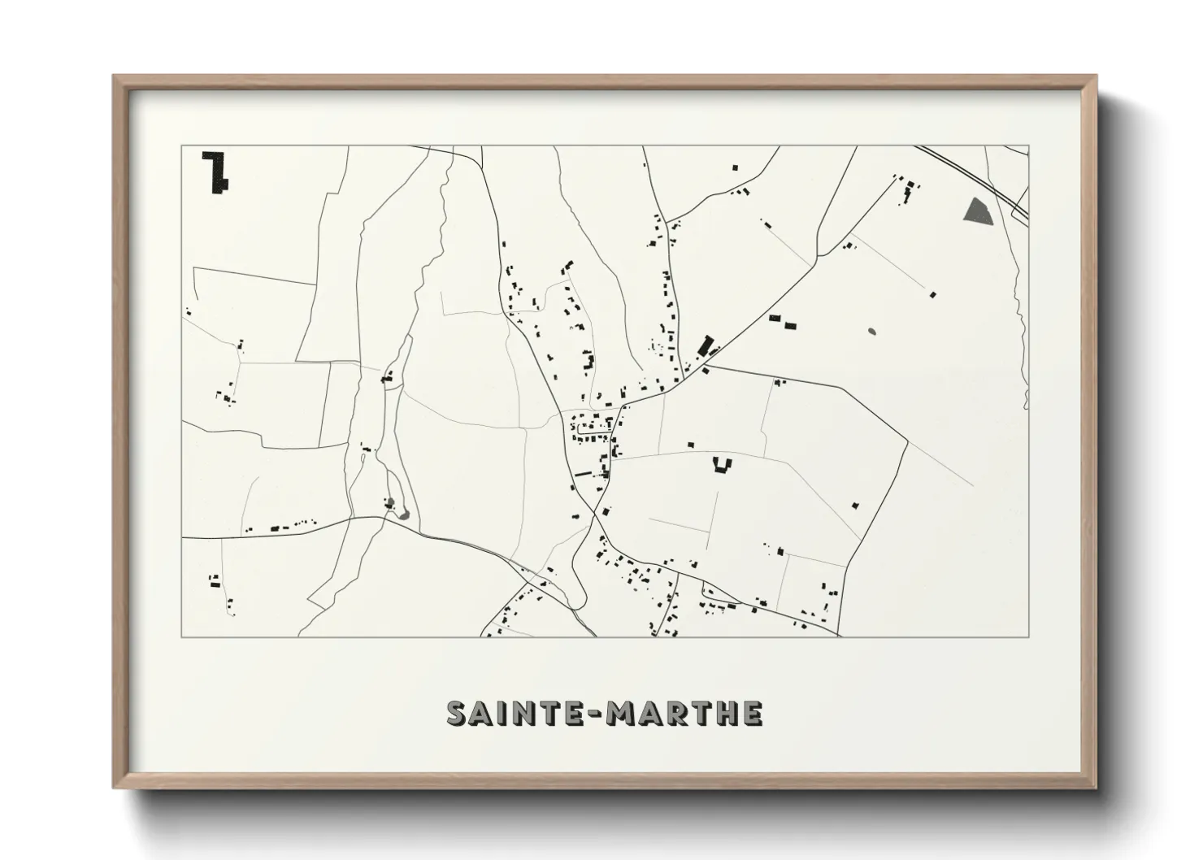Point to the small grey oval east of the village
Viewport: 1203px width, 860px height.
[x=872, y=332]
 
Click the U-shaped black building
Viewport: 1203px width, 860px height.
[x=721, y=464]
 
